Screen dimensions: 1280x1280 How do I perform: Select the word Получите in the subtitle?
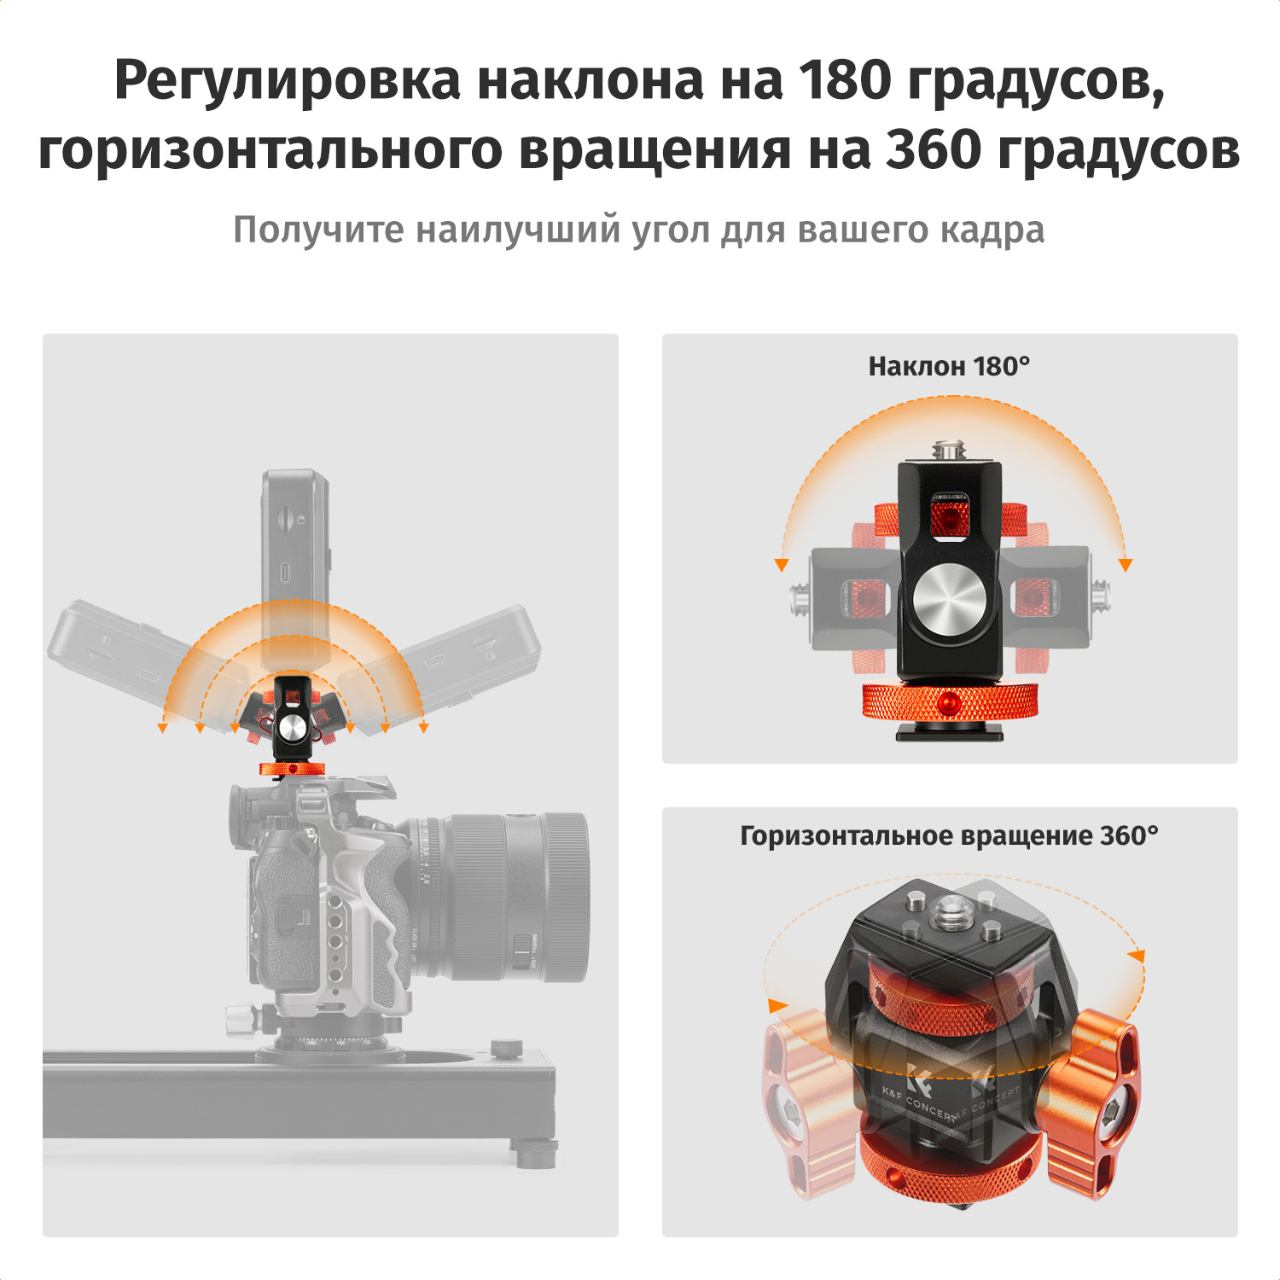click(x=318, y=230)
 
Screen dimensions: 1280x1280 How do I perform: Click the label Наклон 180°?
click(x=949, y=366)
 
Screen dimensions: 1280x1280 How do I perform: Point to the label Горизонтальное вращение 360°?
click(x=949, y=835)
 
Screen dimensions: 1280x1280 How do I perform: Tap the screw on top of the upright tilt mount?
click(x=949, y=449)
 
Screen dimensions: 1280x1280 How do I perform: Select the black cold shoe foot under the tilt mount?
click(x=949, y=731)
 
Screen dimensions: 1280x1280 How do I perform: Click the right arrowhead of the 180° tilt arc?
click(x=1126, y=565)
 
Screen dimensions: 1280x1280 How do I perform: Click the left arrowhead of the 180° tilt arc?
click(x=781, y=565)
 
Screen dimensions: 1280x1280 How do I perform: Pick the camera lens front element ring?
click(x=564, y=897)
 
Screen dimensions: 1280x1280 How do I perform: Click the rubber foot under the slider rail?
click(x=536, y=1153)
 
